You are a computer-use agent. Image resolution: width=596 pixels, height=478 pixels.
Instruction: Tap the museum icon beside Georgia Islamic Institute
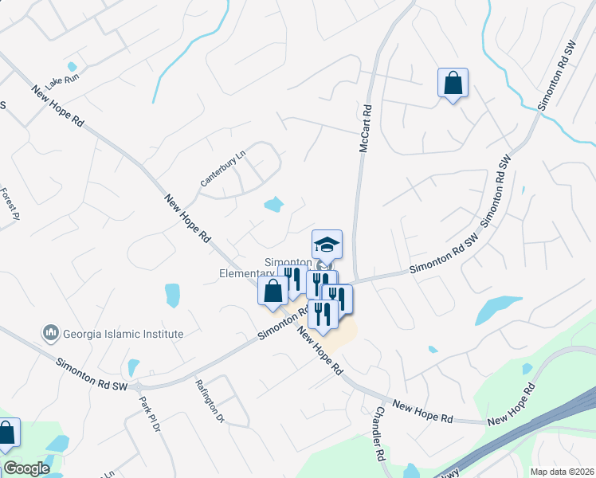pos(50,331)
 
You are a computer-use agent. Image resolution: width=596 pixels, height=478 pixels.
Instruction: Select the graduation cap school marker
pos(327,244)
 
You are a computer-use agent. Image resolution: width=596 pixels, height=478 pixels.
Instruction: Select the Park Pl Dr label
pos(149,415)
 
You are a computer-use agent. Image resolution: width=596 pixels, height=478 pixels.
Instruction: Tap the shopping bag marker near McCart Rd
pos(453,83)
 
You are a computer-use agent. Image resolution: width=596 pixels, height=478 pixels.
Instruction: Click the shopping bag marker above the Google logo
pos(6,435)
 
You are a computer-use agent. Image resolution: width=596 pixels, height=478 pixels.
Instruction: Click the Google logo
pos(26,468)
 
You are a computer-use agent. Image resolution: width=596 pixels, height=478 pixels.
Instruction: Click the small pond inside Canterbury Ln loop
pos(273,205)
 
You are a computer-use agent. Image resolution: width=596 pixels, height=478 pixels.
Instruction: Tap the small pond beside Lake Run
pos(73,67)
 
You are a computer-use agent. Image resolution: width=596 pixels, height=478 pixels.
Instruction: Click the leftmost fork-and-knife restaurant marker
pos(292,278)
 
